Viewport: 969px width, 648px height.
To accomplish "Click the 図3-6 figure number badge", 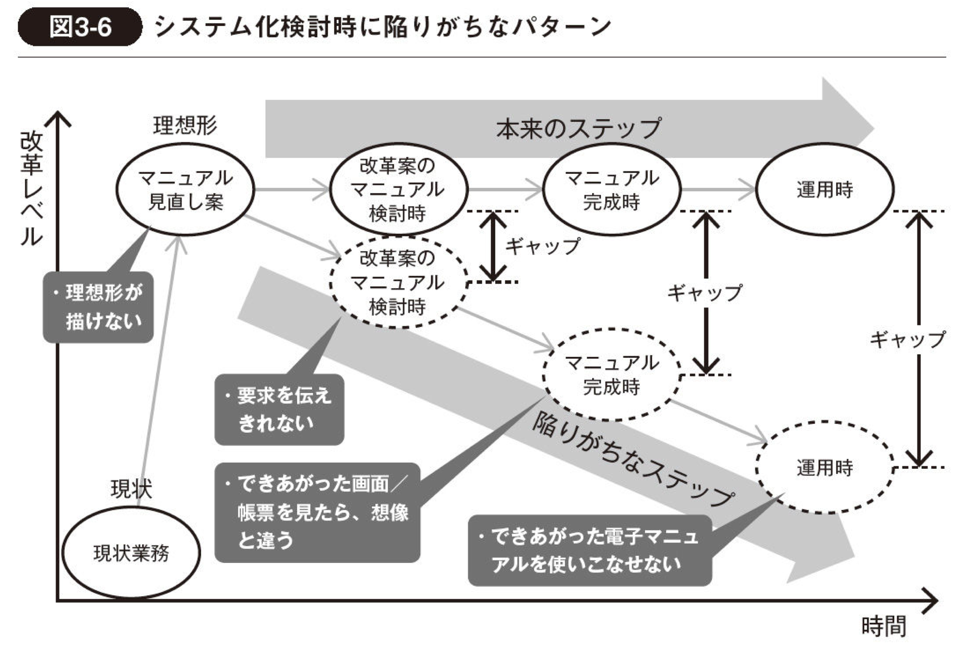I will [x=80, y=27].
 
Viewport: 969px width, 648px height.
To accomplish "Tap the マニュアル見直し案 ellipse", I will [x=185, y=189].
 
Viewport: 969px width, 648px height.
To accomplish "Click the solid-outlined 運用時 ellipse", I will [x=825, y=189].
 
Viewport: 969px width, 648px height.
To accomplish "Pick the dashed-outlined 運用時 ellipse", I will [x=825, y=467].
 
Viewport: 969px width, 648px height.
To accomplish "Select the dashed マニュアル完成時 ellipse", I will [x=612, y=375].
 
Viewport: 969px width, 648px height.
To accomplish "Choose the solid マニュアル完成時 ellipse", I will [x=612, y=189].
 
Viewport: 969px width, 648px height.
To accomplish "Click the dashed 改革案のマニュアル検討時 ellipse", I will [x=398, y=282].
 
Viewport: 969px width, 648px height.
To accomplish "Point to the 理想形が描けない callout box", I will [x=99, y=307].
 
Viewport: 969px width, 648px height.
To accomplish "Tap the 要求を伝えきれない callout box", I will [x=279, y=409].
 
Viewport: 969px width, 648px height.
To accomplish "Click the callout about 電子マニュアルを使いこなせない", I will [x=590, y=550].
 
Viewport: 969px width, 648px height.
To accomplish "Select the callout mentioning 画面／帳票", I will [x=317, y=512].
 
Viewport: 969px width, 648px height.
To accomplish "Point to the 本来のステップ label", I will [x=578, y=129].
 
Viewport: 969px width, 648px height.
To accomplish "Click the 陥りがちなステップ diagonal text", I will [x=633, y=459].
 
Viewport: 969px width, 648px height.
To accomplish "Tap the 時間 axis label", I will [x=883, y=626].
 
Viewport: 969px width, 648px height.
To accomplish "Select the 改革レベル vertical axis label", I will [x=32, y=188].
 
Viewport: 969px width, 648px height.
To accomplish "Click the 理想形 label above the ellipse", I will [x=185, y=126].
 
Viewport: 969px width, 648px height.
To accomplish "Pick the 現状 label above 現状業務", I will [x=131, y=489].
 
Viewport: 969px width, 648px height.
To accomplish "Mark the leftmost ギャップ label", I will [x=542, y=247].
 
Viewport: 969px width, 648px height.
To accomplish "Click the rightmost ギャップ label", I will [x=907, y=340].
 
